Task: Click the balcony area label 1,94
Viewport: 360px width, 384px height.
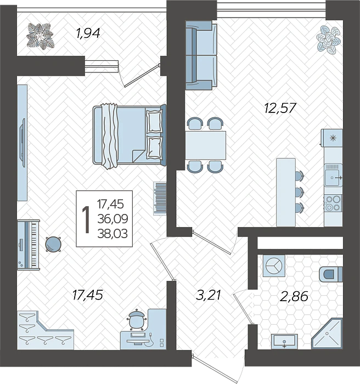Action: click(88, 33)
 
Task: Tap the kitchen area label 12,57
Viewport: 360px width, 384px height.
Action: click(280, 108)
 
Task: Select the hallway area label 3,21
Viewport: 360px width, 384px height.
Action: click(209, 295)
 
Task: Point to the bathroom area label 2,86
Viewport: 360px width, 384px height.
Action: click(294, 296)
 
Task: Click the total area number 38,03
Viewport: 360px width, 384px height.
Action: click(113, 234)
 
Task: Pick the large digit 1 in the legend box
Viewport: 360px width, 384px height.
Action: click(86, 219)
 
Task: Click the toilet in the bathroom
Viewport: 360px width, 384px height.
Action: click(330, 274)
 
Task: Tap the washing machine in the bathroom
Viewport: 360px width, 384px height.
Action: click(274, 266)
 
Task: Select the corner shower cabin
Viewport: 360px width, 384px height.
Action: click(327, 334)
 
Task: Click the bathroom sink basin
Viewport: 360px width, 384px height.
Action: click(284, 341)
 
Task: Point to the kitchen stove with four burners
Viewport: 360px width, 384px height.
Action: click(333, 203)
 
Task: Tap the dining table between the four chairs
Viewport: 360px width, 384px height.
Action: click(205, 145)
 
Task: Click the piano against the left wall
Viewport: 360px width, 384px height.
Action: click(29, 245)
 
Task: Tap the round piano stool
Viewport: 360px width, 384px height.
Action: click(53, 244)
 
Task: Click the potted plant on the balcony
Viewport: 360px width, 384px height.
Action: click(40, 36)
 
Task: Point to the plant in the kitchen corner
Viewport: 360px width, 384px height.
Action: click(328, 39)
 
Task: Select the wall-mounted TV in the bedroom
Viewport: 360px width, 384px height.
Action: click(23, 143)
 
